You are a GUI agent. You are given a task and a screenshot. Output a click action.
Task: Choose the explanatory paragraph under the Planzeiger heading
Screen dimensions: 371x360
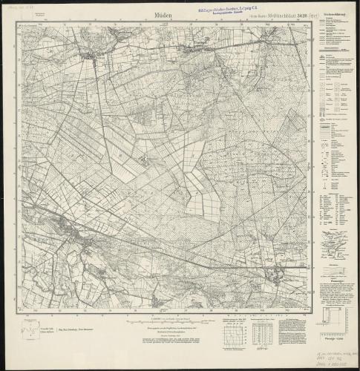point(333,294)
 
